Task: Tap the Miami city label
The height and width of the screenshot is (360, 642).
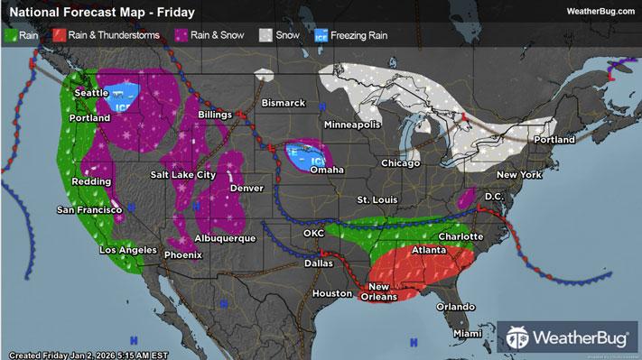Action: click(x=468, y=333)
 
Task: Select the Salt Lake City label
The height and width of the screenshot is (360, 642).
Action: click(x=182, y=173)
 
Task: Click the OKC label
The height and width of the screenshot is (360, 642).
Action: click(x=314, y=233)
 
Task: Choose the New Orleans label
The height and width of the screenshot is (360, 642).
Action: click(x=384, y=291)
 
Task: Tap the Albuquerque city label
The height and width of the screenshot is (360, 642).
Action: click(x=226, y=238)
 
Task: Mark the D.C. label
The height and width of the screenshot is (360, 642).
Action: click(x=493, y=196)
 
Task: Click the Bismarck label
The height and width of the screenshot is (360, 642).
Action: click(x=284, y=103)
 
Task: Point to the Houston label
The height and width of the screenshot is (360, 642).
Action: click(x=331, y=294)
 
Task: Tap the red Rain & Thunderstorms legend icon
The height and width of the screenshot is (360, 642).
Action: click(x=57, y=35)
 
